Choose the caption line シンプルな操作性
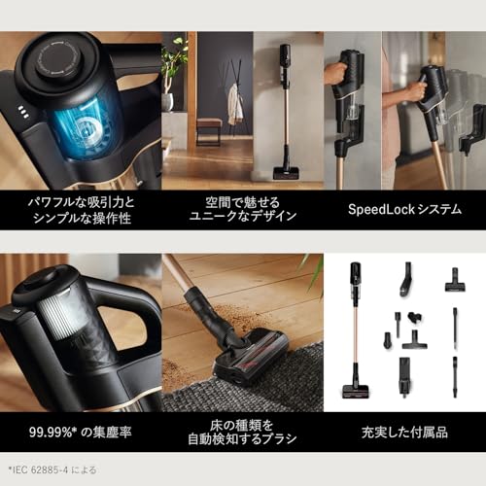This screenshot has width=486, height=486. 80,216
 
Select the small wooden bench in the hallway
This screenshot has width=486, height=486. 209,126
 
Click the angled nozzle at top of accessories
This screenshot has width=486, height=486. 404,281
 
